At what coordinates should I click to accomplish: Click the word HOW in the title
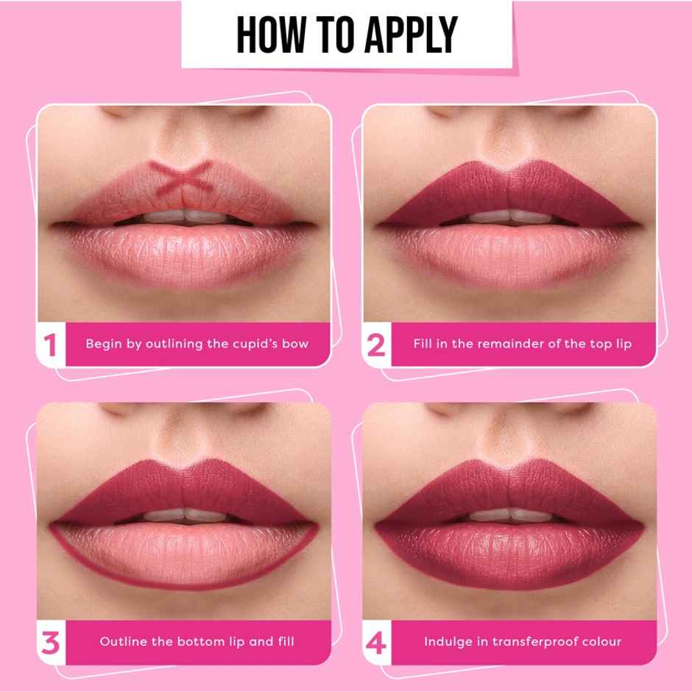[x=273, y=34]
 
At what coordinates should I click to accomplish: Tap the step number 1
[x=50, y=344]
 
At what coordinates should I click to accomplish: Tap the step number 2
[x=376, y=344]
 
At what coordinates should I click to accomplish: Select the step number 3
[x=50, y=642]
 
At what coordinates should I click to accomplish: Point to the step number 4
[x=376, y=642]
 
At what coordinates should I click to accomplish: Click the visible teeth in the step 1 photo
[x=183, y=216]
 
